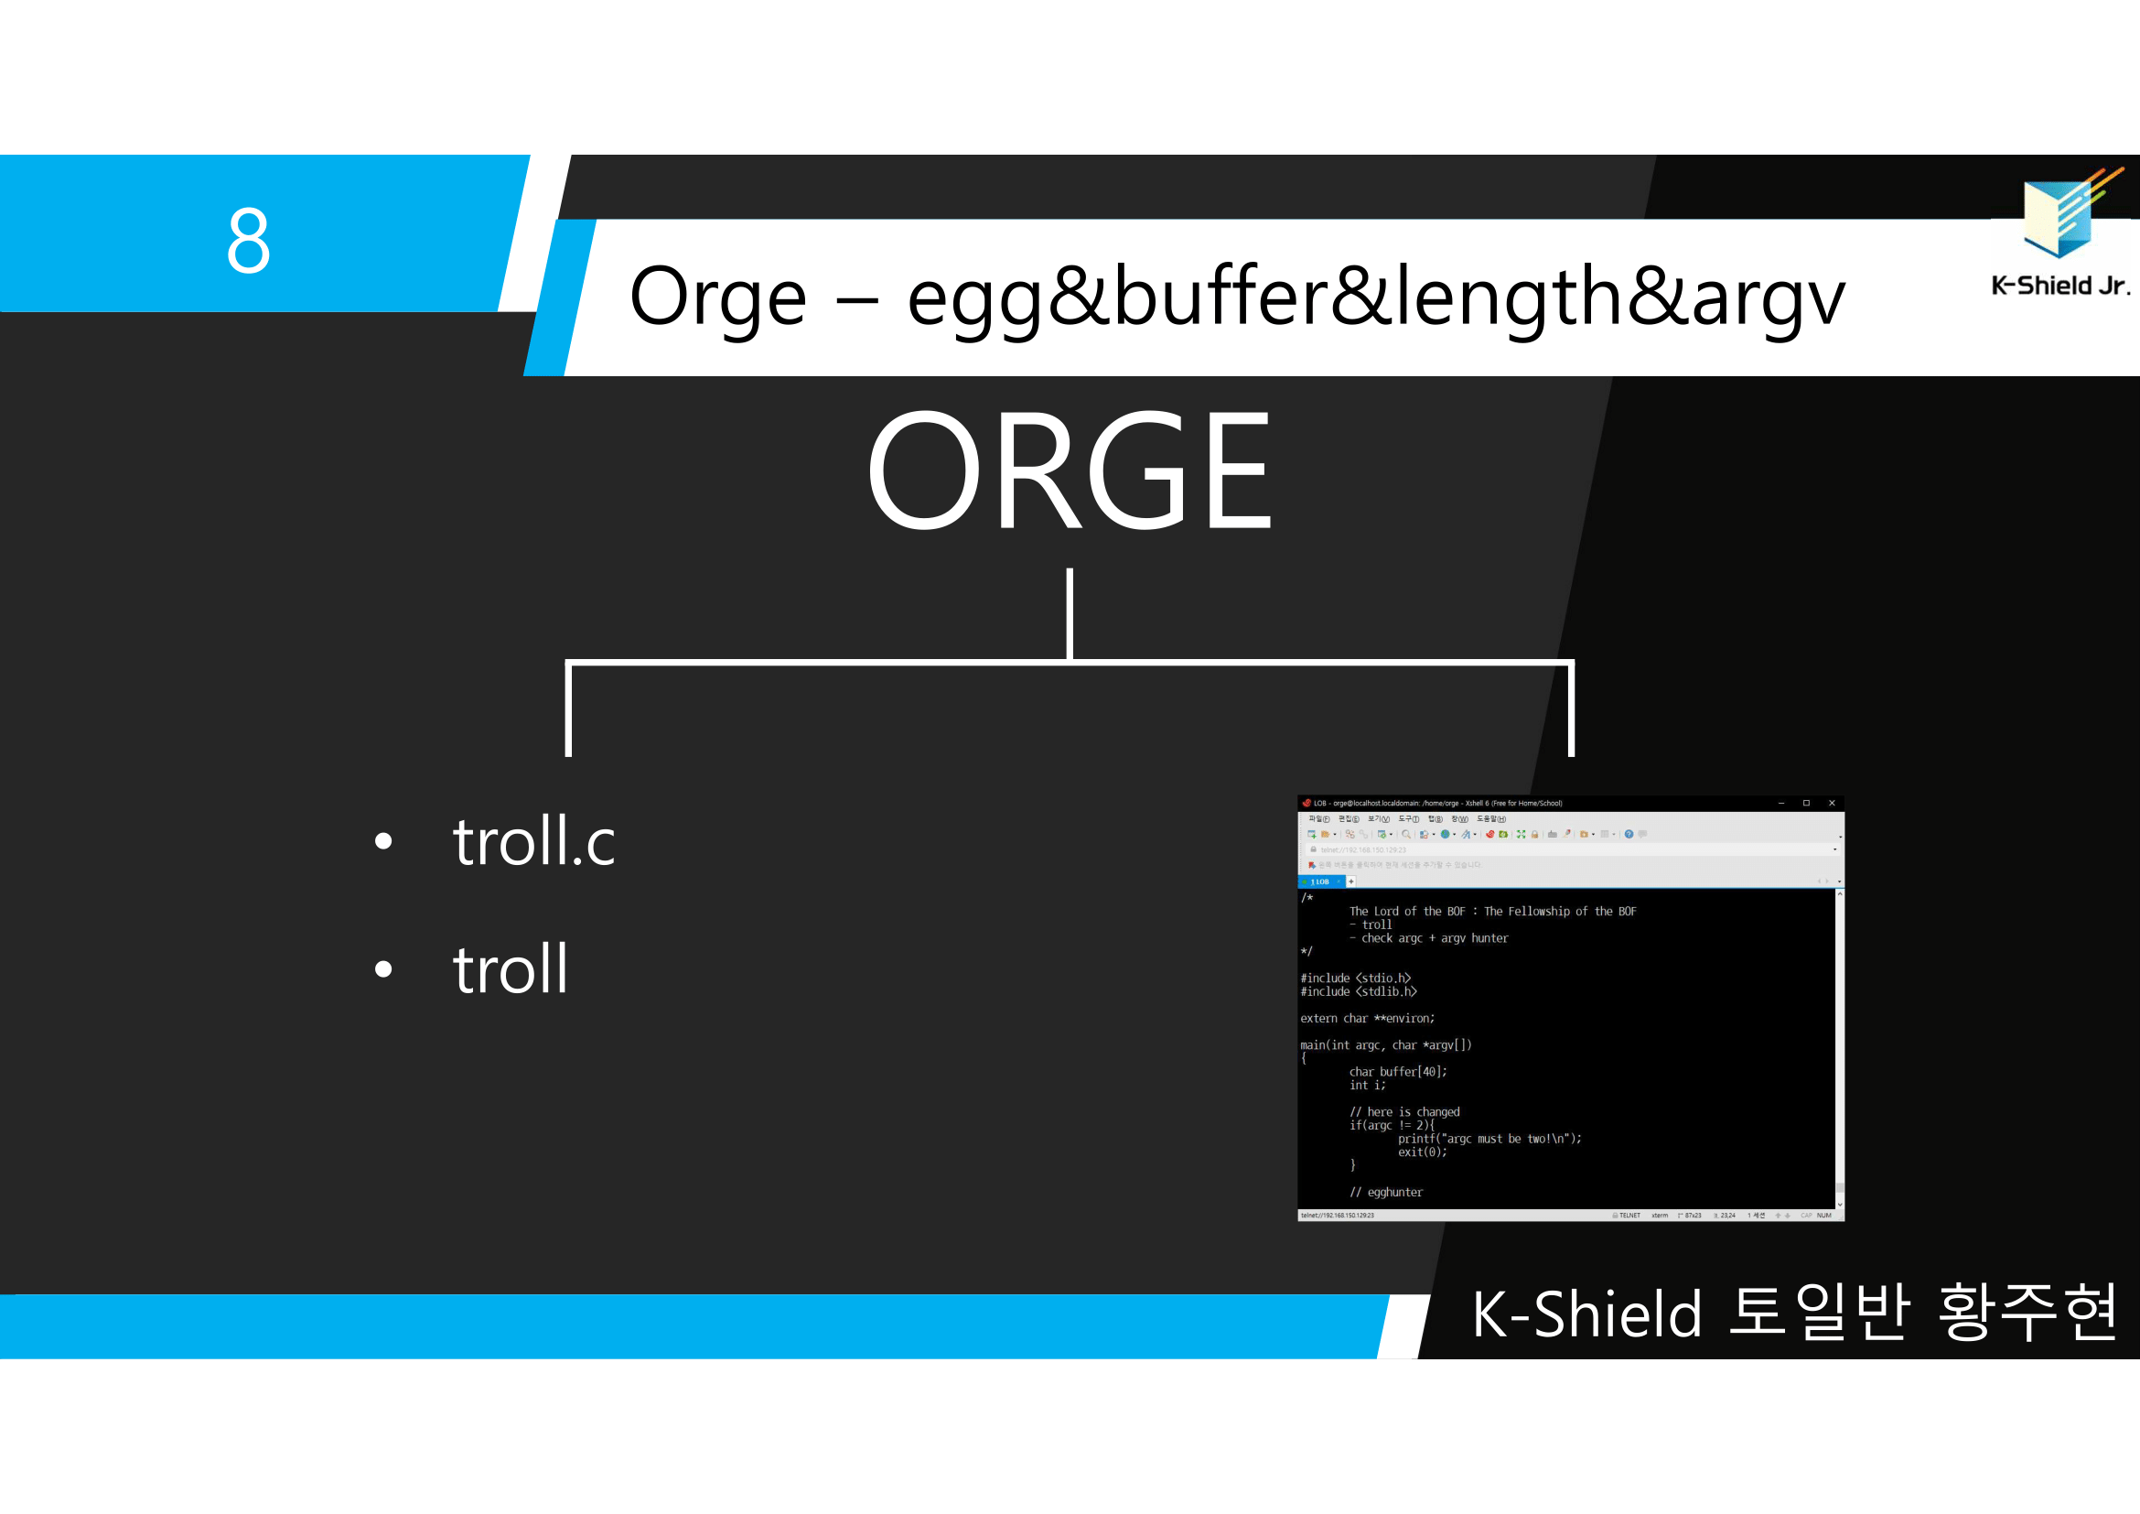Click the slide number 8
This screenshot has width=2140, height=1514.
[248, 241]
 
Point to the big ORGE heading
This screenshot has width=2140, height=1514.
[1069, 470]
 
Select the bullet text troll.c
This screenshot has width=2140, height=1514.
[533, 841]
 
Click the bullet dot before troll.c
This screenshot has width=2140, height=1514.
[383, 842]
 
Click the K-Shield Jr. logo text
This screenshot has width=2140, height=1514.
[2059, 286]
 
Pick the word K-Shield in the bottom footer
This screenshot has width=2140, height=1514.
[1586, 1314]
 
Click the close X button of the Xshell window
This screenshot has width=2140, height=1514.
[1832, 803]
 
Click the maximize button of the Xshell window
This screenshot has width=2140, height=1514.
[1806, 803]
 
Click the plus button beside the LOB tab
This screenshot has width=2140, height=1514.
[1350, 881]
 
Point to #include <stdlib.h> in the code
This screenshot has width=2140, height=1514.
[1358, 992]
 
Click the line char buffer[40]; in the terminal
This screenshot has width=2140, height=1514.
[1397, 1072]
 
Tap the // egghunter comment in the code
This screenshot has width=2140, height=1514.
[1386, 1193]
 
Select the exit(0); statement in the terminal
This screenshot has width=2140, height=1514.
[1422, 1152]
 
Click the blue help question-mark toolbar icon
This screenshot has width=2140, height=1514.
[1629, 835]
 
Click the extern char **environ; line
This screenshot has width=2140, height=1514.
[1366, 1019]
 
